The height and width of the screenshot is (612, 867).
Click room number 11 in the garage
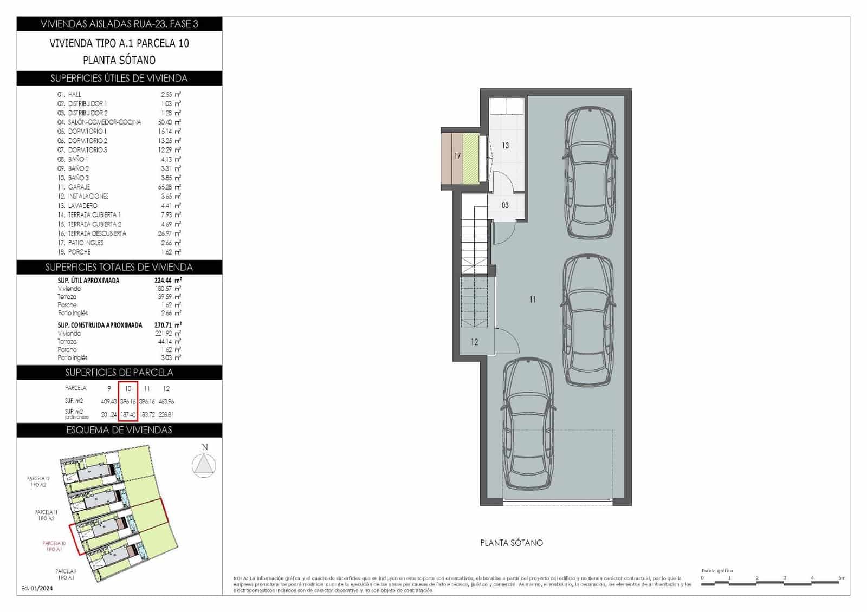coord(533,300)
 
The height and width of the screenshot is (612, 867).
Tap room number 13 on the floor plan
coord(505,146)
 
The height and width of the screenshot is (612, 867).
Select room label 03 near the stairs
coord(505,205)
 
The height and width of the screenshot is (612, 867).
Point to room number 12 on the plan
coord(475,342)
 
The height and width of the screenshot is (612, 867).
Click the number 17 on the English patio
coord(457,156)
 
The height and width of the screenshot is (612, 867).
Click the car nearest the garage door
coord(529,424)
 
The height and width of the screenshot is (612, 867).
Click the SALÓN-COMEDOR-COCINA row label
coord(104,122)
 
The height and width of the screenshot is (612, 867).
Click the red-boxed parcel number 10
coord(128,388)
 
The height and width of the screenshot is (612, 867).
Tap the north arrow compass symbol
coord(204,465)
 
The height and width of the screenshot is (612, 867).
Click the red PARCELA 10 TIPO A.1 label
coord(54,546)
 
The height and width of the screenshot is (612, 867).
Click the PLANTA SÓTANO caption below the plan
coord(511,543)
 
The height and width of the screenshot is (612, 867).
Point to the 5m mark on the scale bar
coord(841,578)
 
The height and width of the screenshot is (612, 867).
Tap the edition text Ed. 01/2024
coord(37,588)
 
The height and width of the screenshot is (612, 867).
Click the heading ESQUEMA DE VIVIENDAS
coord(119,430)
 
